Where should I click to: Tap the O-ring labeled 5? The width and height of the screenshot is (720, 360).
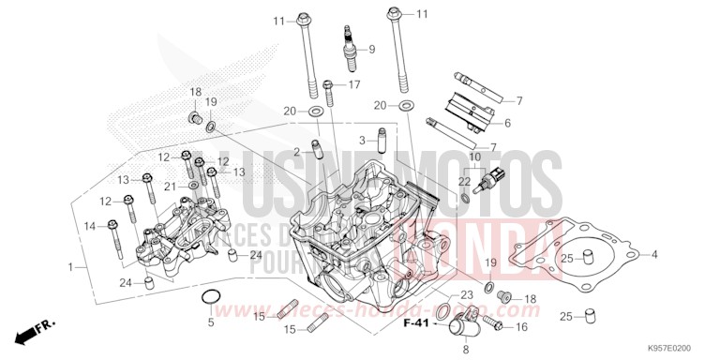(x=212, y=299)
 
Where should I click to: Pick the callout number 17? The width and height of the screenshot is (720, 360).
(x=354, y=84)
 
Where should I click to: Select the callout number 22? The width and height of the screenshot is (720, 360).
(x=464, y=181)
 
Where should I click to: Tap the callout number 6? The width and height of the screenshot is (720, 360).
(x=507, y=123)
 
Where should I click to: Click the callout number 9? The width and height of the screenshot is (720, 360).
(x=370, y=49)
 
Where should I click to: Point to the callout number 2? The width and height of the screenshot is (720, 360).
(x=296, y=152)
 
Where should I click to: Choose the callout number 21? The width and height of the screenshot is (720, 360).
(x=170, y=186)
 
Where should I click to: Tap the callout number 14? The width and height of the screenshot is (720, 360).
(x=90, y=226)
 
